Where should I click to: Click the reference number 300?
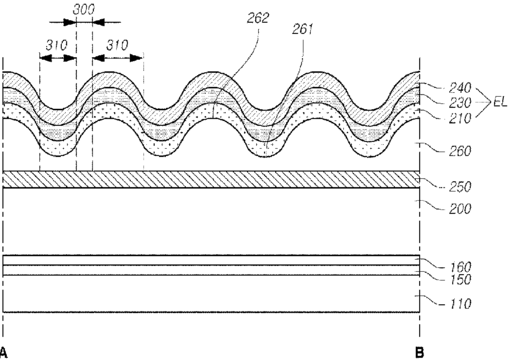pyautogui.click(x=84, y=10)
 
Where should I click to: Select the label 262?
pyautogui.click(x=258, y=18)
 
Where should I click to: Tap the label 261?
pyautogui.click(x=303, y=29)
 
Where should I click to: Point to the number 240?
pyautogui.click(x=460, y=88)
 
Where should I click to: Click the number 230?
pyautogui.click(x=460, y=103)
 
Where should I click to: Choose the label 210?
pyautogui.click(x=460, y=118)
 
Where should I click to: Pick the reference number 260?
pyautogui.click(x=460, y=151)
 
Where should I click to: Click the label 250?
pyautogui.click(x=460, y=187)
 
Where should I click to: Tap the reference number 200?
pyautogui.click(x=460, y=209)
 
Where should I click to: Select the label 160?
pyautogui.click(x=460, y=267)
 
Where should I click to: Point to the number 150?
pyautogui.click(x=460, y=280)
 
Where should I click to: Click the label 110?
pyautogui.click(x=460, y=304)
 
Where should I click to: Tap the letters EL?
pyautogui.click(x=500, y=102)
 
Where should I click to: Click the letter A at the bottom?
pyautogui.click(x=3, y=352)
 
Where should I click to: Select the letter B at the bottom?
pyautogui.click(x=419, y=352)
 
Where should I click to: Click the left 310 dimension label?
pyautogui.click(x=56, y=45)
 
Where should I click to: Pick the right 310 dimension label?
pyautogui.click(x=117, y=45)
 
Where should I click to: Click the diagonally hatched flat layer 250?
pyautogui.click(x=211, y=180)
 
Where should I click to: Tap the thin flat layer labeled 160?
pyautogui.click(x=211, y=260)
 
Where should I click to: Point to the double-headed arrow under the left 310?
pyautogui.click(x=58, y=58)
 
